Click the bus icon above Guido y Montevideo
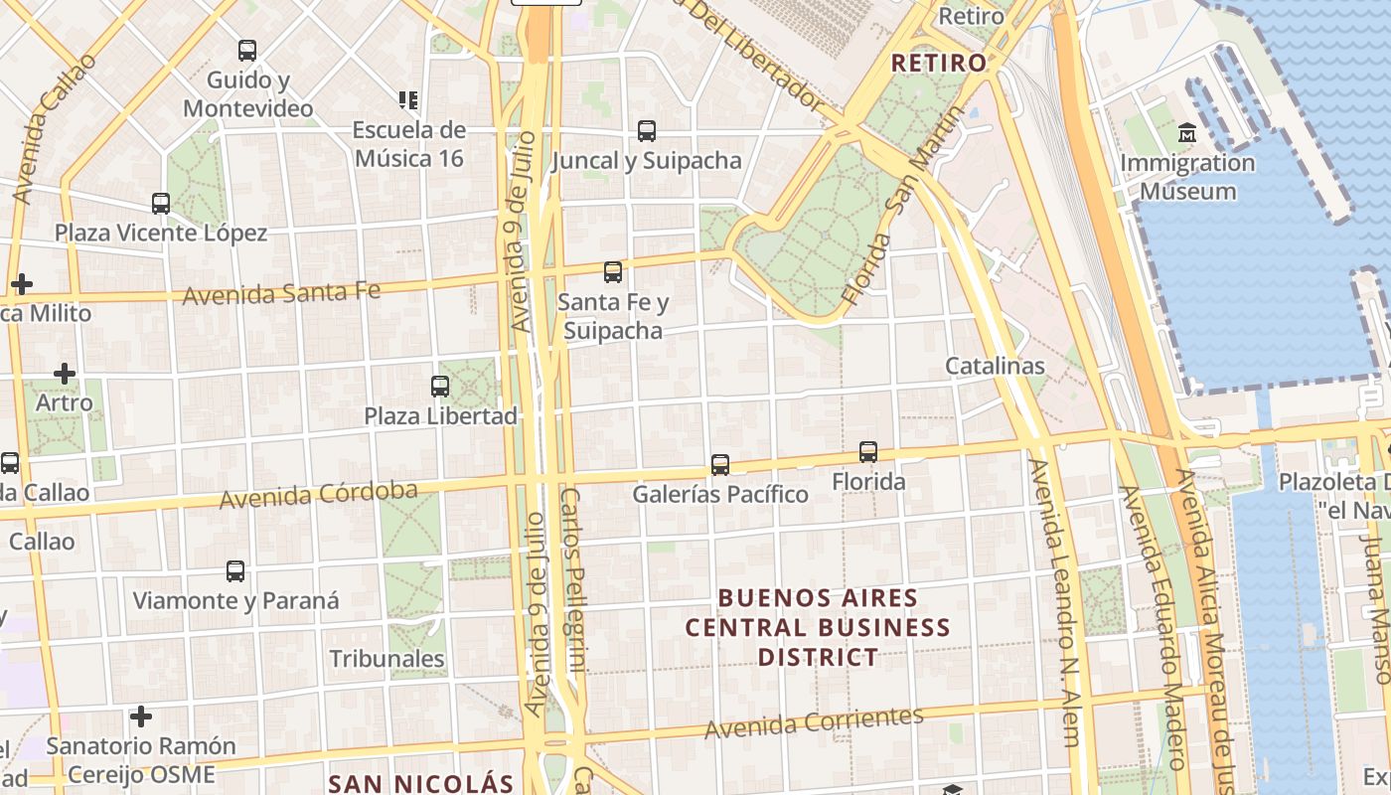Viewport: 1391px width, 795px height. pyautogui.click(x=247, y=50)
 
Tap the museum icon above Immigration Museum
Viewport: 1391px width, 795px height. pyautogui.click(x=1187, y=132)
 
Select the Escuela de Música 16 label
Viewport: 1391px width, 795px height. pyautogui.click(x=409, y=144)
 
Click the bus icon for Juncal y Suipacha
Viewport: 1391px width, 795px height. pyautogui.click(x=647, y=130)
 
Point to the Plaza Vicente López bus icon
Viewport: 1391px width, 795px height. pyautogui.click(x=161, y=204)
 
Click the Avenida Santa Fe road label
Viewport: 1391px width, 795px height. pyautogui.click(x=281, y=293)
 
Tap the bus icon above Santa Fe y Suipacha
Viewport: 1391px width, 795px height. pyautogui.click(x=613, y=271)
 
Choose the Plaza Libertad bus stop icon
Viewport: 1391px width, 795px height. pyautogui.click(x=440, y=387)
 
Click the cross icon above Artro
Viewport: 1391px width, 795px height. pyautogui.click(x=65, y=374)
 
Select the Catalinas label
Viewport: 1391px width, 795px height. pyautogui.click(x=995, y=366)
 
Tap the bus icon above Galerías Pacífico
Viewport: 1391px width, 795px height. pyautogui.click(x=720, y=464)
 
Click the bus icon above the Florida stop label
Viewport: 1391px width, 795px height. pyautogui.click(x=868, y=452)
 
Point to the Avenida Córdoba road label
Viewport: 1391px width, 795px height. pyautogui.click(x=318, y=494)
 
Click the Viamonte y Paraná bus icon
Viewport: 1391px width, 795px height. pyautogui.click(x=235, y=571)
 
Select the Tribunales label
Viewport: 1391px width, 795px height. pyautogui.click(x=386, y=659)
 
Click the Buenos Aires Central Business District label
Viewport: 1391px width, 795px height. pyautogui.click(x=818, y=627)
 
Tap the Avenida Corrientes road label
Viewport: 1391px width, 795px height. pyautogui.click(x=814, y=722)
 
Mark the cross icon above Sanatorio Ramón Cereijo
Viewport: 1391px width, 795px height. pyautogui.click(x=141, y=715)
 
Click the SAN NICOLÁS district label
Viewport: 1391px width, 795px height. pyautogui.click(x=420, y=783)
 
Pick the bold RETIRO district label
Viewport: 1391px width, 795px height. pyautogui.click(x=939, y=64)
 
